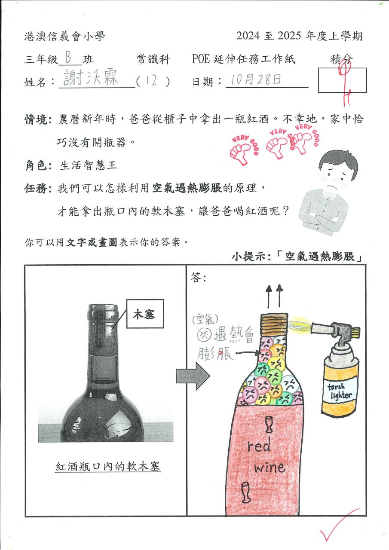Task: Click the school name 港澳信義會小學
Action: pyautogui.click(x=64, y=37)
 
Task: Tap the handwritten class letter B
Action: pyautogui.click(x=68, y=58)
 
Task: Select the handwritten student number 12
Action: pyautogui.click(x=152, y=80)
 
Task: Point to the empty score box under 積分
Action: pyautogui.click(x=342, y=80)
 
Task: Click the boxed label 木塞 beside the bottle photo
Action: pyautogui.click(x=145, y=314)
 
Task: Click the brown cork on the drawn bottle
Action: pyautogui.click(x=273, y=325)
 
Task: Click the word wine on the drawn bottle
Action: pyautogui.click(x=270, y=467)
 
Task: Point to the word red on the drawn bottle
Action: pyautogui.click(x=259, y=445)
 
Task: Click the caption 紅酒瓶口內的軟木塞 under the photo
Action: pyautogui.click(x=108, y=466)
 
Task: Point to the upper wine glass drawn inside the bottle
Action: pyautogui.click(x=269, y=424)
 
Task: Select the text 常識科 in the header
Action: pyautogui.click(x=153, y=59)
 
